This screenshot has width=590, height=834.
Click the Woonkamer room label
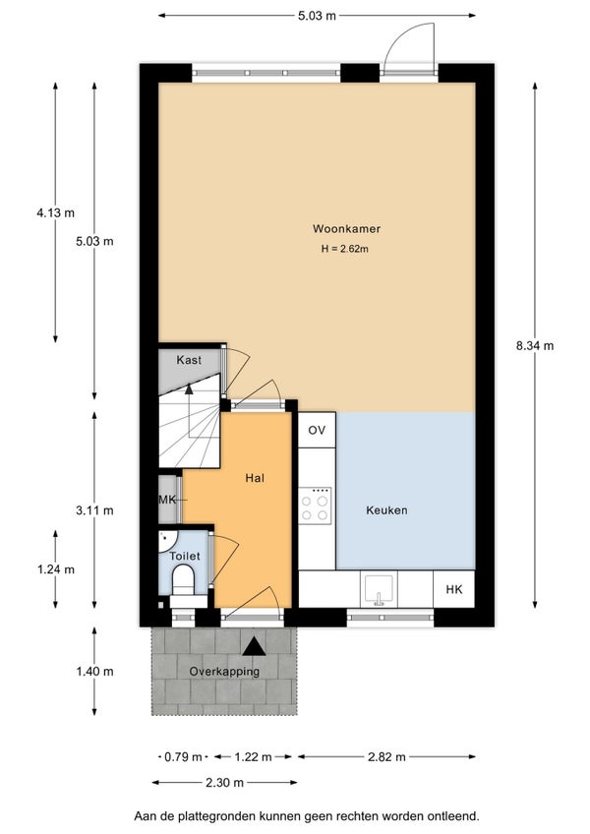click(346, 229)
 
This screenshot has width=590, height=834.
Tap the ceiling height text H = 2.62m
click(345, 249)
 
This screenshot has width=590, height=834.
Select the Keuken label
click(386, 510)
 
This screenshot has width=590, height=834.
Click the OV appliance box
click(317, 430)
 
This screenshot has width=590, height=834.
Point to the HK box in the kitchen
click(453, 589)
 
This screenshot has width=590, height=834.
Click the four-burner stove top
click(315, 505)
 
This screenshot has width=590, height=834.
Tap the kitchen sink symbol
click(379, 590)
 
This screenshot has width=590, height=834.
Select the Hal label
click(255, 478)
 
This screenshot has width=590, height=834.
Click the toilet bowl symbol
click(184, 579)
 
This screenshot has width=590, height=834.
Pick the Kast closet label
click(189, 360)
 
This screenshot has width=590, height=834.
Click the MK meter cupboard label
click(167, 500)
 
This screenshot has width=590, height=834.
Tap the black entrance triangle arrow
click(255, 646)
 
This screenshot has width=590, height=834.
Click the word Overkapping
click(224, 672)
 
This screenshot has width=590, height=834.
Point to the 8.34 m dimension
click(535, 346)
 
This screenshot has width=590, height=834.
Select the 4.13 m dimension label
click(55, 212)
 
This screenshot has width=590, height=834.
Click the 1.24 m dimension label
click(55, 569)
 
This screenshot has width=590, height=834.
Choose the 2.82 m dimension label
click(386, 756)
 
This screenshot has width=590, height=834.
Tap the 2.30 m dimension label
click(224, 783)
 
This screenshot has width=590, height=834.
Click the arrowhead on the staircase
click(189, 388)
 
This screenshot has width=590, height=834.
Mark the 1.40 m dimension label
click(94, 672)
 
